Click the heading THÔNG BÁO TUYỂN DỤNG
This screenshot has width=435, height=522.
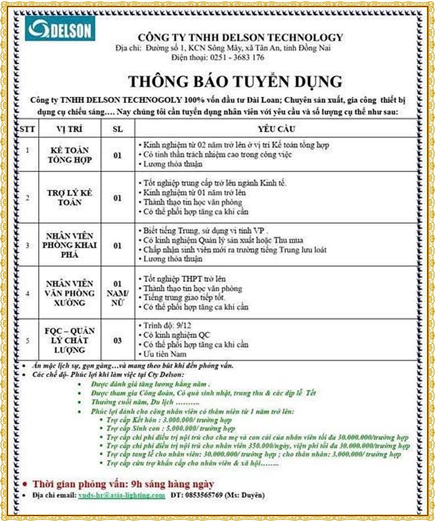coord(235,81)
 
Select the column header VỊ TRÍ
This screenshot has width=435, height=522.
coord(69,129)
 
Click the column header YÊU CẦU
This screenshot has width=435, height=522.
coord(276,129)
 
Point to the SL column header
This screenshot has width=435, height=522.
coord(118,129)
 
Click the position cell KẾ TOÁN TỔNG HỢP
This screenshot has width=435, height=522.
coord(69,155)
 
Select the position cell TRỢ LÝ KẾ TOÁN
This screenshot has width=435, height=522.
coord(69,198)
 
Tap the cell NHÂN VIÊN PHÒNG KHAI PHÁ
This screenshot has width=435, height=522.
coord(69,245)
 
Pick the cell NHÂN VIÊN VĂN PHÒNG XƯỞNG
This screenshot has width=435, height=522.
coord(69,293)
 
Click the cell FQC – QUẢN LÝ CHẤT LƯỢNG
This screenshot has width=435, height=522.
coord(69,340)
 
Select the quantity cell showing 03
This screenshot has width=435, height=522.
coord(118,341)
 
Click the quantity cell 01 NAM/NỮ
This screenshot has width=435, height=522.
coord(118,293)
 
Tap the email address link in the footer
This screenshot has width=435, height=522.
coord(122,495)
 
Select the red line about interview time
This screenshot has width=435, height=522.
coord(123,484)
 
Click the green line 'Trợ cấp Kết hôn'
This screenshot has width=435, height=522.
coord(169,420)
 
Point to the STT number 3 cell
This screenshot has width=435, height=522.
coord(28,245)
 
